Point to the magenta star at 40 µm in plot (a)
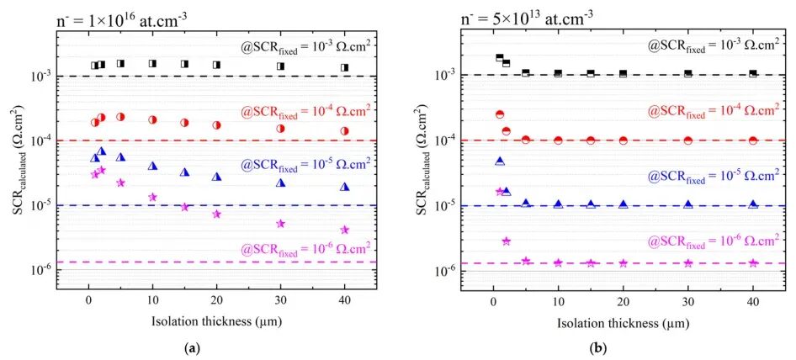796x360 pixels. (x=344, y=230)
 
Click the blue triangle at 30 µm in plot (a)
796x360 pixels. (x=280, y=183)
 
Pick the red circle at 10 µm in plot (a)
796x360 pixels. (x=152, y=120)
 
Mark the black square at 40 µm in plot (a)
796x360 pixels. (x=344, y=67)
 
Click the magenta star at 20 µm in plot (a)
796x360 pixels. (x=216, y=214)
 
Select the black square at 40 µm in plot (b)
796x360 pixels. (x=753, y=73)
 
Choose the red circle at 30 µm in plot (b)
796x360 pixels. (x=688, y=140)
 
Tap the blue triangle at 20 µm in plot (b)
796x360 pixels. (x=624, y=204)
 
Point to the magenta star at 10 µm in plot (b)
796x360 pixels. (x=558, y=263)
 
